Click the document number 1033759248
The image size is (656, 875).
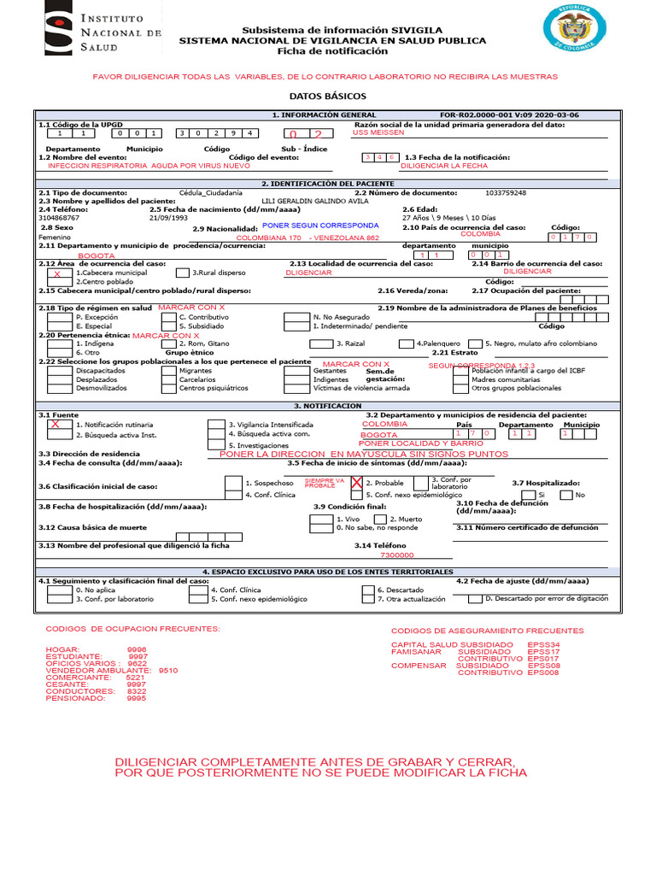pyautogui.click(x=505, y=193)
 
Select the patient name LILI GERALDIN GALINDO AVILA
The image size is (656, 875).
pyautogui.click(x=314, y=201)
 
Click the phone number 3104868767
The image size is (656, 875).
pyautogui.click(x=58, y=218)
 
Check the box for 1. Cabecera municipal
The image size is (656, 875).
pyautogui.click(x=57, y=273)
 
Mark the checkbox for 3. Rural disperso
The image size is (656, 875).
pyautogui.click(x=182, y=273)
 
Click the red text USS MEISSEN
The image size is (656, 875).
pyautogui.click(x=378, y=132)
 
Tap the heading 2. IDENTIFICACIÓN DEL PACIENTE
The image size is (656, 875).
pyautogui.click(x=327, y=184)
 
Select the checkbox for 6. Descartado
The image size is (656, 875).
pyautogui.click(x=366, y=590)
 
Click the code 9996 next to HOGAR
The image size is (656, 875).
pyautogui.click(x=137, y=649)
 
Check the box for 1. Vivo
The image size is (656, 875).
pyautogui.click(x=321, y=519)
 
